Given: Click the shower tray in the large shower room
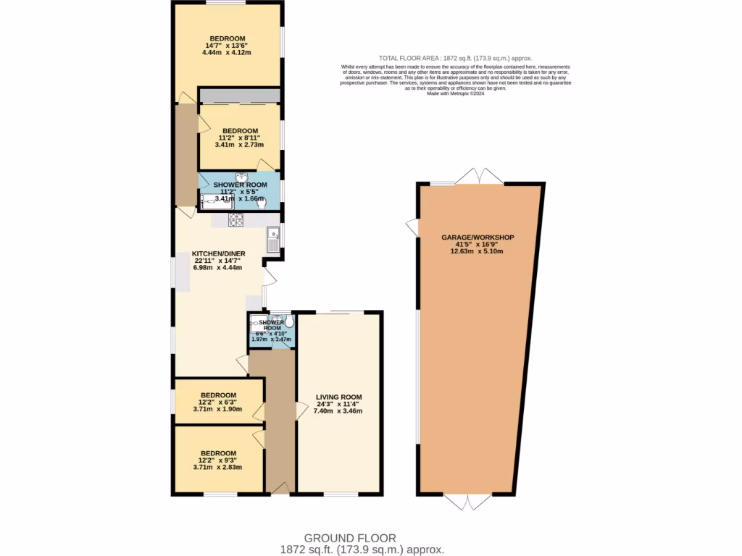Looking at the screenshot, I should (x=217, y=201).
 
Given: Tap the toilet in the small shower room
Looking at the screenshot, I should (x=289, y=321).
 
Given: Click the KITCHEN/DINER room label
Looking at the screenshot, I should (x=218, y=253).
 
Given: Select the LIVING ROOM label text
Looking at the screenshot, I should (x=338, y=397).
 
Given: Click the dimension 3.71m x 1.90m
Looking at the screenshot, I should (x=217, y=409).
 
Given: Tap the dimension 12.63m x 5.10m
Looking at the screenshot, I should (x=477, y=251).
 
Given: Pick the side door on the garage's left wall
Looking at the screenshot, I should (x=413, y=227).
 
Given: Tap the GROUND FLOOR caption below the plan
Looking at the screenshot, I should (x=350, y=538).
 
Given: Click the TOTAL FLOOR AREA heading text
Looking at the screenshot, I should (x=456, y=58).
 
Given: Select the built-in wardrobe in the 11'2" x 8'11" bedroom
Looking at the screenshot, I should (x=240, y=96).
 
